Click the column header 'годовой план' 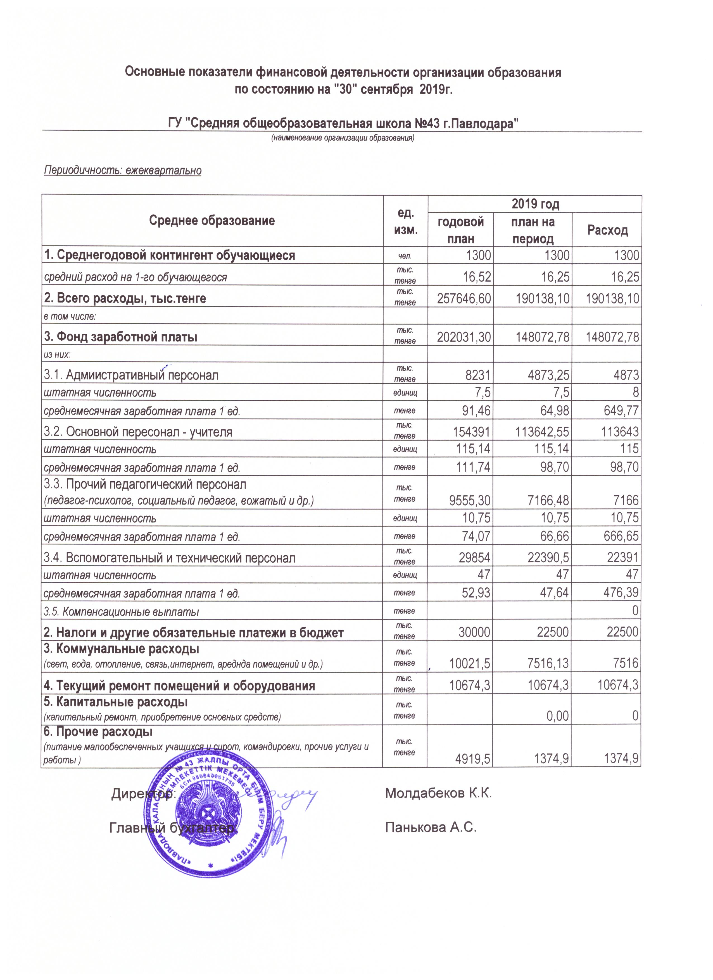(460, 230)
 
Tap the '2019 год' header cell (535, 204)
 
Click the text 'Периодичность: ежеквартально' (123, 170)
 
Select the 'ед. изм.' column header (405, 221)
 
